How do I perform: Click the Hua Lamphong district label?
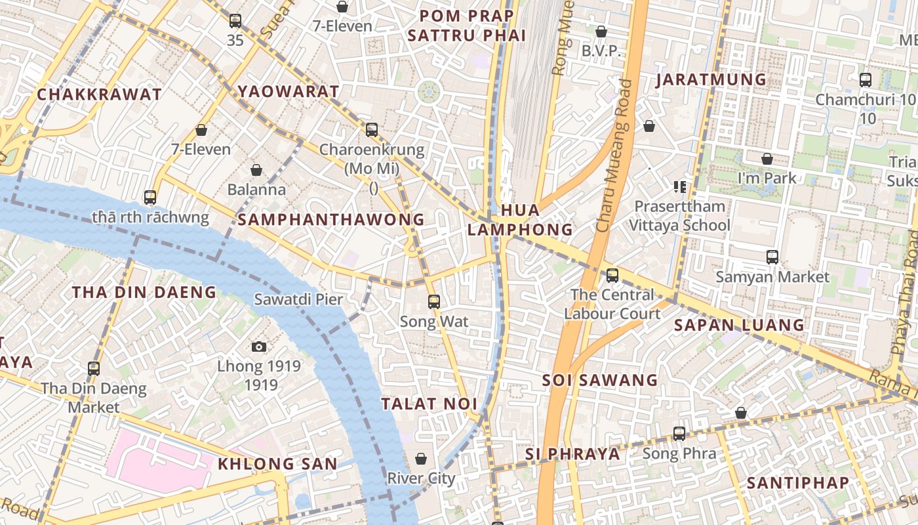coord(520,220)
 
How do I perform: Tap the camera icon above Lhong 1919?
coord(259,346)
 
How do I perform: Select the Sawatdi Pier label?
coord(298,300)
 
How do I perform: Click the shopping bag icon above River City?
coord(421,459)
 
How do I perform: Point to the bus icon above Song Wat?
coord(433,302)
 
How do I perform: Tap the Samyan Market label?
coord(772,277)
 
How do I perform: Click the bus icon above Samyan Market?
coord(772,257)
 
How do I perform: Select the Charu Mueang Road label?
coord(614,156)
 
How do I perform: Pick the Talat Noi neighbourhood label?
coord(429,404)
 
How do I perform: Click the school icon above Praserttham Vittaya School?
coord(679,187)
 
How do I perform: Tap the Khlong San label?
coord(277,464)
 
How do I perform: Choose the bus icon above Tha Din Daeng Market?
coord(94,369)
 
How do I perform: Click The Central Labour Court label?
coord(612,304)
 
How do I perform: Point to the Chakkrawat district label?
coord(99,94)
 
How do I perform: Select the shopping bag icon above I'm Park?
coord(767,159)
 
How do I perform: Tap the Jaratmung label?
coord(711,80)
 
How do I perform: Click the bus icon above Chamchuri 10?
coord(866,80)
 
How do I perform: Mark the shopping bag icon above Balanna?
coord(256,170)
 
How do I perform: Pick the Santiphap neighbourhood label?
coord(798,483)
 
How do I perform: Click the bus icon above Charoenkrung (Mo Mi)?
coord(372,129)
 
